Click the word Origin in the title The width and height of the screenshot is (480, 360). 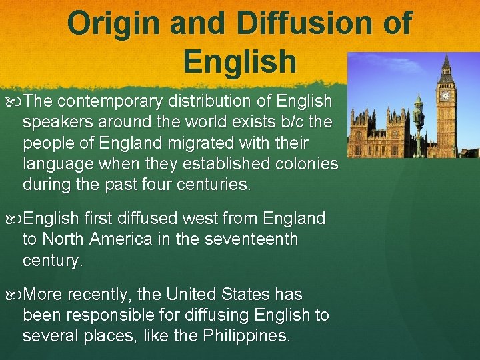point(113,23)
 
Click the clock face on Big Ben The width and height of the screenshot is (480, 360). point(445,95)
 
